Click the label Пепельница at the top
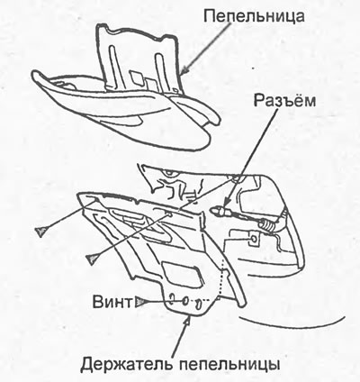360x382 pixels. tap(254, 16)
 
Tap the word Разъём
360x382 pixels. tap(284, 101)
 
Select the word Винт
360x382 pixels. tap(112, 302)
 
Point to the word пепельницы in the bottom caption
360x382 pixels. tap(229, 365)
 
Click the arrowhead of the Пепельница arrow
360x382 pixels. tap(184, 69)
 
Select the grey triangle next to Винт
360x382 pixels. tap(140, 302)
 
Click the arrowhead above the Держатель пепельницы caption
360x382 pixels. tap(188, 321)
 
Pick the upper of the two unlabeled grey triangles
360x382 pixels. tap(41, 232)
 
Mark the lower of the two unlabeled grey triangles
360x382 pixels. tap(92, 259)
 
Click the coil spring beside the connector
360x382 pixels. tap(266, 224)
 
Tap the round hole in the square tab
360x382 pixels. tap(254, 239)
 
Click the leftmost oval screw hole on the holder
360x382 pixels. tap(173, 299)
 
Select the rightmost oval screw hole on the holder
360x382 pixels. tap(199, 305)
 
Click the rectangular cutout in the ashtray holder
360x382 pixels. tap(180, 273)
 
